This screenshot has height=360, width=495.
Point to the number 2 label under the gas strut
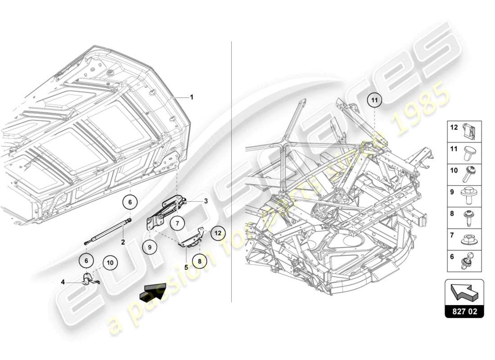pyautogui.click(x=122, y=242)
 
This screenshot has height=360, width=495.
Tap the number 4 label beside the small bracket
pyautogui.click(x=63, y=282)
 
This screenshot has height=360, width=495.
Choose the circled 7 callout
pyautogui.click(x=177, y=222)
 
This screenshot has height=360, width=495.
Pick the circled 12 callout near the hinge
pyautogui.click(x=218, y=233)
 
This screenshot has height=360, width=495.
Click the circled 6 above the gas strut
pyautogui.click(x=130, y=202)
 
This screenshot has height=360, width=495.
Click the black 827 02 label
pyautogui.click(x=464, y=310)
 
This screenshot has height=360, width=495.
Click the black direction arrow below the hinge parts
pyautogui.click(x=152, y=293)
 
